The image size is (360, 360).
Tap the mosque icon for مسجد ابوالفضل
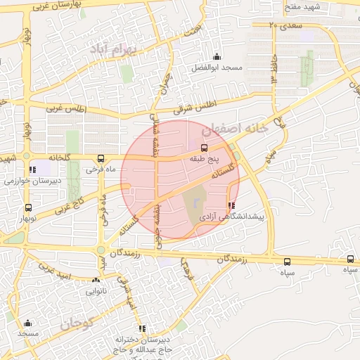[x=217, y=57]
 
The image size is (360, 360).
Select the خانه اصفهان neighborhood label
[x=234, y=129]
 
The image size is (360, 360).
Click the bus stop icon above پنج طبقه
[x=204, y=148]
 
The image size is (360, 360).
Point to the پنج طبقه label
[x=204, y=160]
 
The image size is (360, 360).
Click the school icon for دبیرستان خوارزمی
[x=32, y=169]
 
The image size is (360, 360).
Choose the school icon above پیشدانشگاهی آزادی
[x=232, y=206]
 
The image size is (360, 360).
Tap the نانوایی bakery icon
[x=96, y=280]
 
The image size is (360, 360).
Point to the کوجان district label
[x=77, y=324]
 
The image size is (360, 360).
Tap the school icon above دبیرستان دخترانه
[x=142, y=328]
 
